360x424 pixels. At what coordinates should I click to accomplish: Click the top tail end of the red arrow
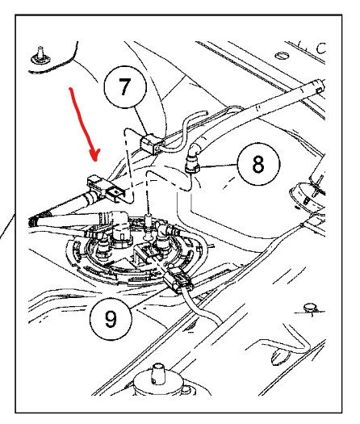tap(70, 88)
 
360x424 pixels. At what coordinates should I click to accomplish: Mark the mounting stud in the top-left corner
tap(40, 56)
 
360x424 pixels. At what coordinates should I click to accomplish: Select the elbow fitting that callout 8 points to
tap(192, 160)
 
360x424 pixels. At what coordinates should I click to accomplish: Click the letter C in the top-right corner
tap(320, 48)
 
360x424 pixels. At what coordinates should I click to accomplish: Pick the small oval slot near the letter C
tap(282, 56)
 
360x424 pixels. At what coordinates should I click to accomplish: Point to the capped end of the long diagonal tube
tap(320, 86)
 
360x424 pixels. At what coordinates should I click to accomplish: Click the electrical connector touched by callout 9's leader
tap(178, 279)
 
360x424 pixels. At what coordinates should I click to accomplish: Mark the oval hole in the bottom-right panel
tap(281, 357)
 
